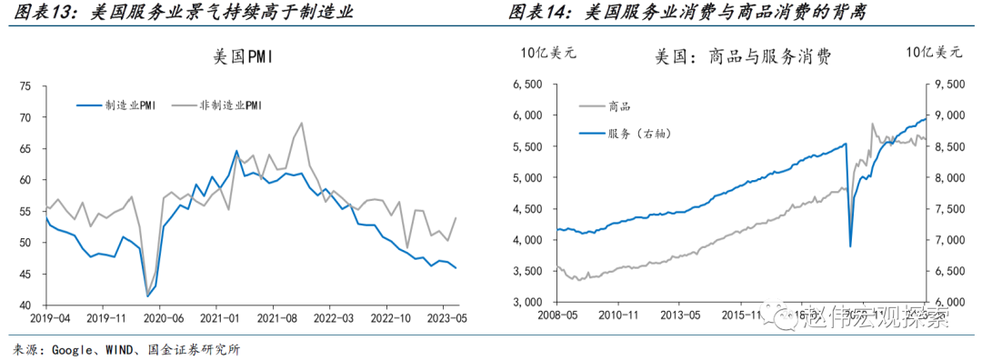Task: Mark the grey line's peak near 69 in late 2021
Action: (302, 123)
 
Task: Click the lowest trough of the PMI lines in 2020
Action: (147, 295)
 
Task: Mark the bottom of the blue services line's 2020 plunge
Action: (850, 246)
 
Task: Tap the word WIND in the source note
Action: (113, 348)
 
